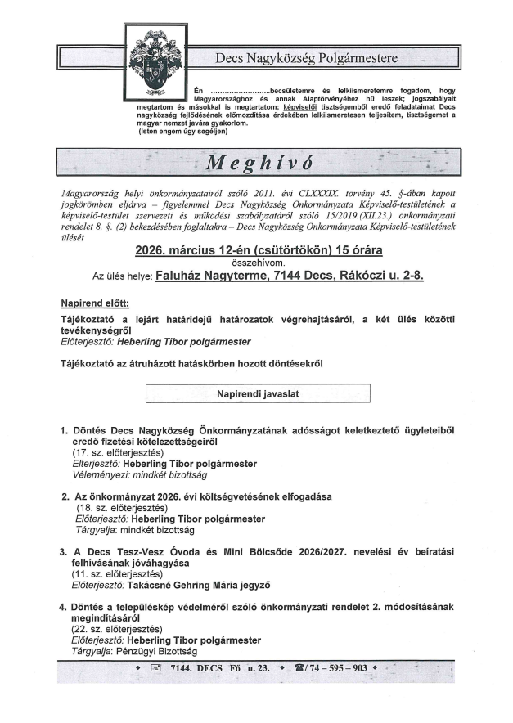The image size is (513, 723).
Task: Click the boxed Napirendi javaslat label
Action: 258,393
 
